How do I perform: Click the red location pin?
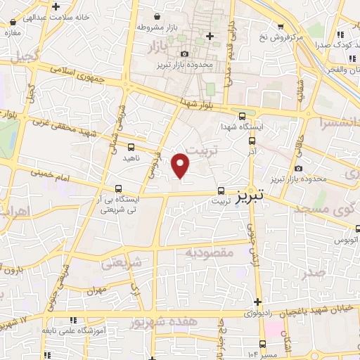click(x=181, y=165)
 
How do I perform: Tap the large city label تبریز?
click(x=250, y=192)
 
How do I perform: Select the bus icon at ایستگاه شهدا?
click(x=243, y=117)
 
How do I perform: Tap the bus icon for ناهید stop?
click(x=131, y=147)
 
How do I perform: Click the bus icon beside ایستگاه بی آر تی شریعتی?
click(x=118, y=188)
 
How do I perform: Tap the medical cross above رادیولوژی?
click(x=259, y=302)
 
